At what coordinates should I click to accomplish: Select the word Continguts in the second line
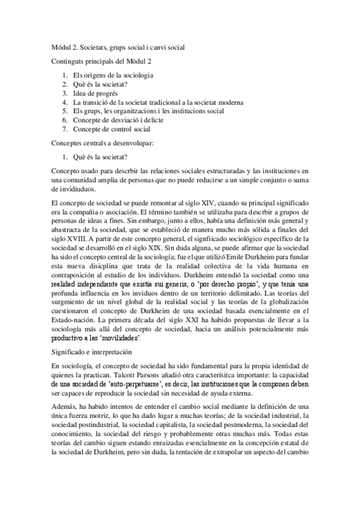click(x=68, y=61)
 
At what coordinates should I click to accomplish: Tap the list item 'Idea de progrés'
click(x=95, y=93)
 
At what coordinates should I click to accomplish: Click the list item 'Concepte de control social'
click(x=111, y=129)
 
